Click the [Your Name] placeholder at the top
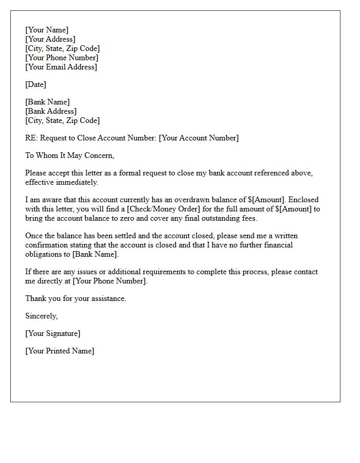(47, 30)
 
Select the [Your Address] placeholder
(50, 39)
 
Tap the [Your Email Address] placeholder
(61, 67)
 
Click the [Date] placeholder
(36, 84)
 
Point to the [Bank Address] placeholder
(51, 111)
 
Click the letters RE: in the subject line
(31, 138)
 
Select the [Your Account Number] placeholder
(199, 138)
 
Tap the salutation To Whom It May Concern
(69, 155)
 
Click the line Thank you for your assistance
(76, 298)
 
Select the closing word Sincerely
(42, 316)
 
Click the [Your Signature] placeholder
(53, 333)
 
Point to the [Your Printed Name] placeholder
(60, 351)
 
